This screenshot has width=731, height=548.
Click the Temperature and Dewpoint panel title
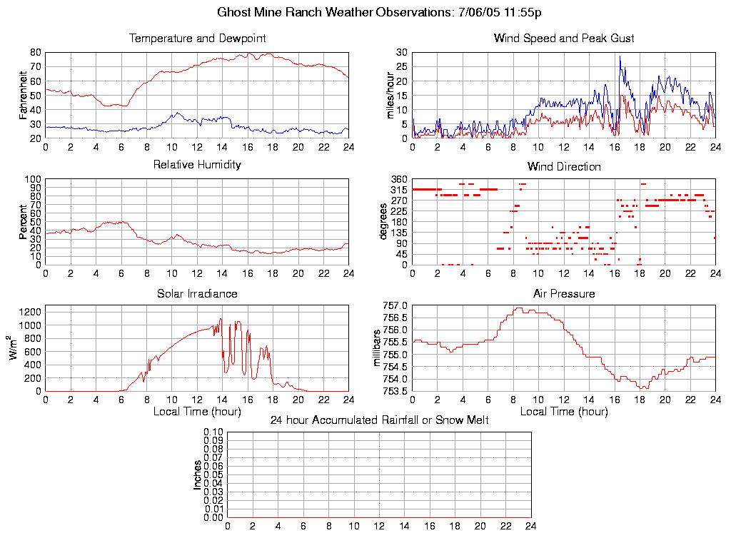(197, 38)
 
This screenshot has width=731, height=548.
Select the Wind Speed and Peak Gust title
(564, 38)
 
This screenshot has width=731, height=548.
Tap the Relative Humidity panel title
(197, 165)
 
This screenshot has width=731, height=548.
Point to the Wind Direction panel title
(564, 166)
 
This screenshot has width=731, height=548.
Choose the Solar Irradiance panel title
(197, 293)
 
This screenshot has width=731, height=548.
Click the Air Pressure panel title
(564, 293)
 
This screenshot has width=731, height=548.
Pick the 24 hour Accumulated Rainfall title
(379, 420)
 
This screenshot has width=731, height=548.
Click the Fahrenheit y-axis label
(24, 95)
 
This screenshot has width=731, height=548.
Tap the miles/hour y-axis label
(390, 95)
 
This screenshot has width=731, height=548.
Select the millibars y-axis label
(379, 347)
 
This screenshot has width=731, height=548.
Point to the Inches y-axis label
(198, 475)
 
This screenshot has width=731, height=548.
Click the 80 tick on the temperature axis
(35, 52)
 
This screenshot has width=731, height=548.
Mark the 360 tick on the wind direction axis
(398, 179)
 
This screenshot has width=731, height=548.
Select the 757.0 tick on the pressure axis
(395, 306)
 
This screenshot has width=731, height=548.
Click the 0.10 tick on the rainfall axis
(213, 432)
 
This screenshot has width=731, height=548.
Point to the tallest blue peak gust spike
(620, 56)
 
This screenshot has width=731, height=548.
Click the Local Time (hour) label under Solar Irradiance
(197, 412)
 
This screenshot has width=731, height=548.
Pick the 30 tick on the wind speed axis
(401, 52)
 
